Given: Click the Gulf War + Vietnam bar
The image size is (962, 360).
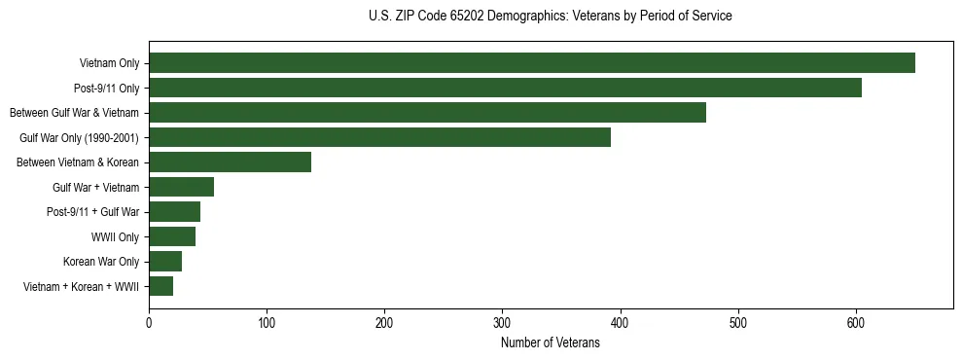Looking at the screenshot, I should [x=181, y=187].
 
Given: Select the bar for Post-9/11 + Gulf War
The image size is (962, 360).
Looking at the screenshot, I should [x=174, y=212].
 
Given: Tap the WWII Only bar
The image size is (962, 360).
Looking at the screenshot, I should [x=172, y=236].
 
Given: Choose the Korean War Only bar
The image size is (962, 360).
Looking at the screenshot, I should [x=165, y=262].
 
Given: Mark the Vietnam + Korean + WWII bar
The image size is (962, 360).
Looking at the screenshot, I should [x=160, y=286].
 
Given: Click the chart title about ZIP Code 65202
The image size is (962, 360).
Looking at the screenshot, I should [x=551, y=17].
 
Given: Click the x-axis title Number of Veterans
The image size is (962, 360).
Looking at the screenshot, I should [x=551, y=343].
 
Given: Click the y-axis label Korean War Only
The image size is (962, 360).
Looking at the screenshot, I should [x=101, y=262].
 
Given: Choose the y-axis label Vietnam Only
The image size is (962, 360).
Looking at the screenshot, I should [x=109, y=63].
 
